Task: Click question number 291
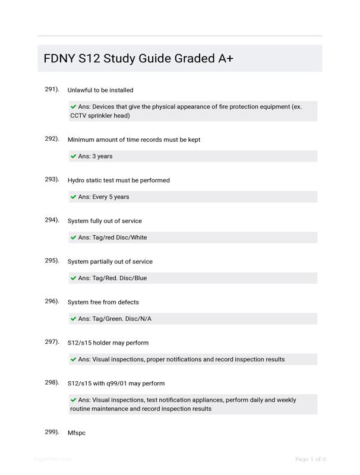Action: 52,89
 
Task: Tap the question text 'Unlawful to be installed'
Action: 100,90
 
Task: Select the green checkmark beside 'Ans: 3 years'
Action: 74,156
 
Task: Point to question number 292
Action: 52,139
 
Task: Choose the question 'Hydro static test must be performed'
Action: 118,180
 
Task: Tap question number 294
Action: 52,220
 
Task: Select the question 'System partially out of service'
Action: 110,262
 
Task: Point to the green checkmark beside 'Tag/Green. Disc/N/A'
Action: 74,319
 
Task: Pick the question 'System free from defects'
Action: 103,302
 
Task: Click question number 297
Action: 52,341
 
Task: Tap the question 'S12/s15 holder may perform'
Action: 108,343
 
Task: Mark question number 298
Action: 52,382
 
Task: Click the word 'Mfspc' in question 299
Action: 77,433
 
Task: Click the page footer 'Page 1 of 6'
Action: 311,459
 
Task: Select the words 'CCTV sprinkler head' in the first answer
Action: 100,116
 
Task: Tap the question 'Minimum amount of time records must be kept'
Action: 134,140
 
